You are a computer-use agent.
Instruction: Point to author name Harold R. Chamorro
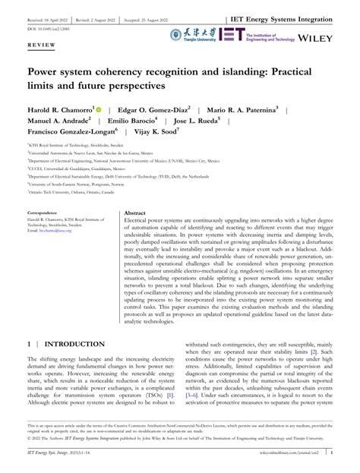(60, 110)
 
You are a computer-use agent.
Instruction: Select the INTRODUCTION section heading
(73, 344)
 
